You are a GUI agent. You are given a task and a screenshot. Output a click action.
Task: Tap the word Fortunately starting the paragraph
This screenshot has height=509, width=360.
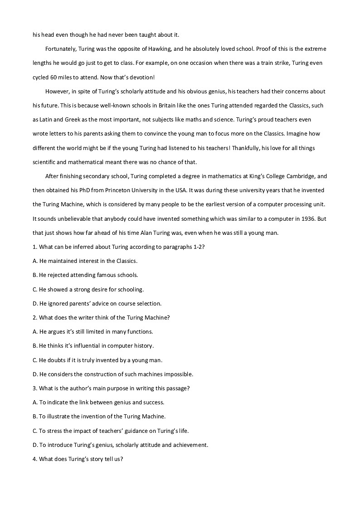click(62, 48)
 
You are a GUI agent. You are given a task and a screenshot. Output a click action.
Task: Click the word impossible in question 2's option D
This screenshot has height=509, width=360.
click(177, 374)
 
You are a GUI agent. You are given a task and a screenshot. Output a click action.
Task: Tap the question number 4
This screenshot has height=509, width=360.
click(34, 459)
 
